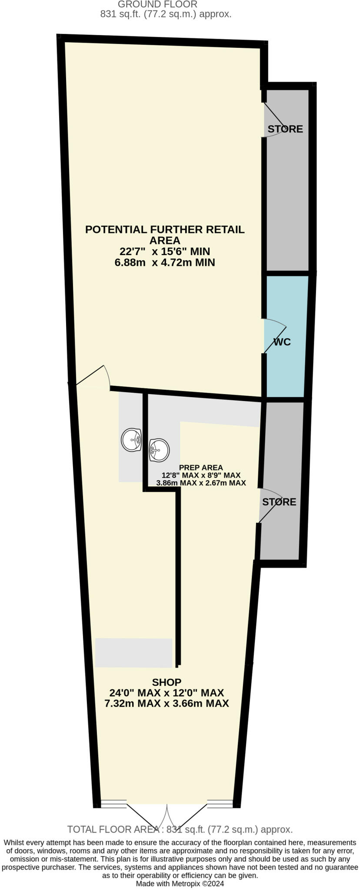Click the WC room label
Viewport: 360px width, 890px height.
[x=282, y=342]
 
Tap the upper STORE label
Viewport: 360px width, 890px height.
[x=285, y=129]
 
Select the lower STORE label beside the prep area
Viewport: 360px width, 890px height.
[x=279, y=502]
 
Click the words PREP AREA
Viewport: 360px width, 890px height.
[x=201, y=468]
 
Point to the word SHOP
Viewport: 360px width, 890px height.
[x=167, y=682]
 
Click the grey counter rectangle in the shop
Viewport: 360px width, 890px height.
[x=134, y=652]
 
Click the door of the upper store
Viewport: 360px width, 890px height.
[x=273, y=120]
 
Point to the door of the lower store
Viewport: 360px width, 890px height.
[x=270, y=504]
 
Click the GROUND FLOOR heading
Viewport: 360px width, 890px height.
[x=157, y=4]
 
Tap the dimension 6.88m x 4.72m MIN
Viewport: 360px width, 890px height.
[x=165, y=262]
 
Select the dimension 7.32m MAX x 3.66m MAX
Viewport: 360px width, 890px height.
[x=167, y=703]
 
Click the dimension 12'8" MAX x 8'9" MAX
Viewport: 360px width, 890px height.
[x=201, y=475]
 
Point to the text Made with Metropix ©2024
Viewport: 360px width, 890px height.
[x=180, y=883]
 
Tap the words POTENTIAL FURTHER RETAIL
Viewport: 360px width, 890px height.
[x=165, y=229]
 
